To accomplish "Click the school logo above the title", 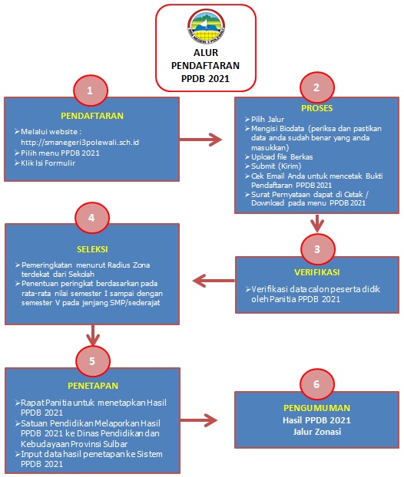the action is click(x=206, y=27).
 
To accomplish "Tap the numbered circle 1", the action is click(x=90, y=90).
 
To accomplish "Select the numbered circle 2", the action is click(x=317, y=87).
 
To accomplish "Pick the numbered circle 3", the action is click(x=317, y=249).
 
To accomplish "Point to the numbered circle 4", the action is click(x=91, y=218).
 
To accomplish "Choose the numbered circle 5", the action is click(x=93, y=361).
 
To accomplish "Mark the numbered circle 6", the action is click(x=317, y=384).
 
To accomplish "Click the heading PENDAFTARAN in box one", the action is click(x=92, y=116).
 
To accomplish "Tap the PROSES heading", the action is click(x=317, y=108).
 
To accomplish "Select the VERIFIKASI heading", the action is click(x=317, y=272).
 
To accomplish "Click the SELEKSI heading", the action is click(x=92, y=249).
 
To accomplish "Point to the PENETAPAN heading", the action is click(x=93, y=386).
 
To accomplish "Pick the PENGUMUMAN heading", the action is click(x=317, y=408).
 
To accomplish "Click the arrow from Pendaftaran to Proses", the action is click(x=200, y=140).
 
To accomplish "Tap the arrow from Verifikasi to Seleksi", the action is click(x=214, y=281).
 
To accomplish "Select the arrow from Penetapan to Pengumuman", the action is click(x=199, y=420).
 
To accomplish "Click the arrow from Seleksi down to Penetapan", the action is click(x=93, y=335).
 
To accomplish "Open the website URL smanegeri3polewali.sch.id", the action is click(x=80, y=143).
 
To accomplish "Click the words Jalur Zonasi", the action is click(x=317, y=432).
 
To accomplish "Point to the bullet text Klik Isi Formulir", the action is click(x=48, y=163).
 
